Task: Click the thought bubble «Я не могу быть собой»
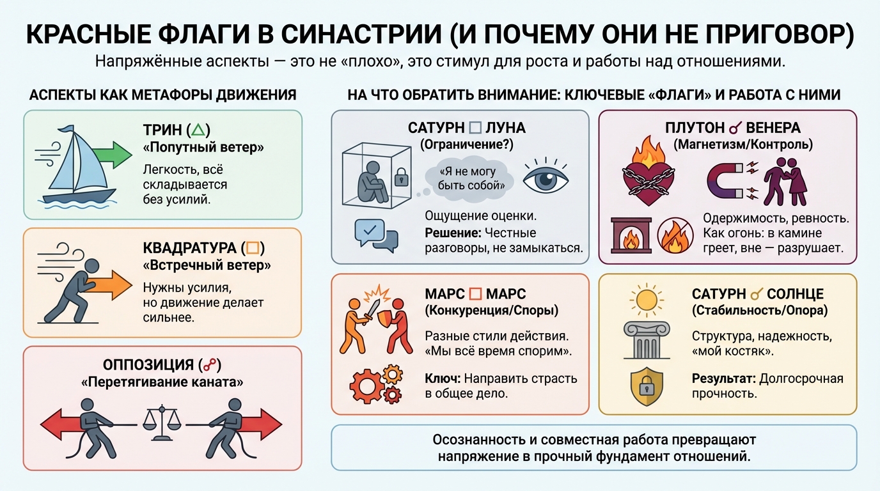click(468, 178)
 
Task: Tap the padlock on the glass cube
click(401, 177)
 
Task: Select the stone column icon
click(647, 340)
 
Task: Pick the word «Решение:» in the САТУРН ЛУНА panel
click(452, 233)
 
